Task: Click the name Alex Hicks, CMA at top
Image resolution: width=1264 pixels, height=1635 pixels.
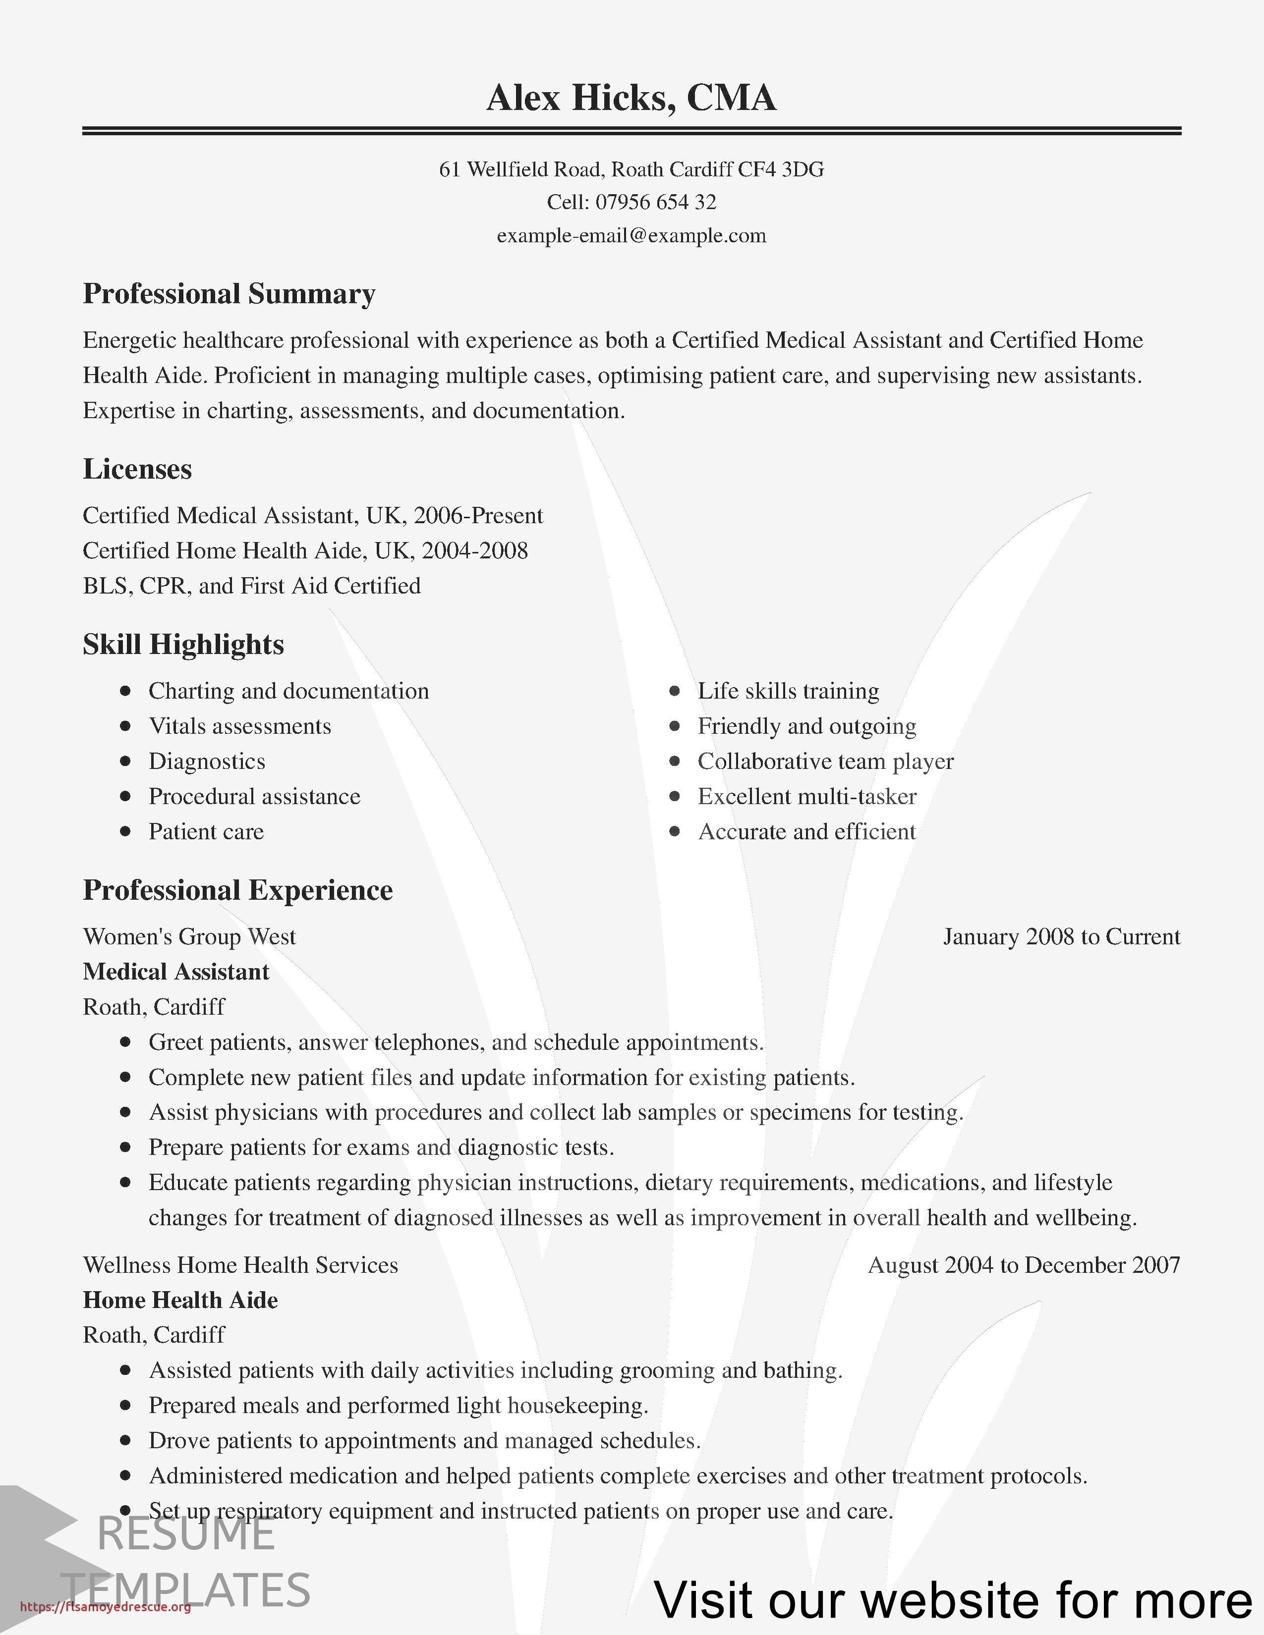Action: (x=631, y=98)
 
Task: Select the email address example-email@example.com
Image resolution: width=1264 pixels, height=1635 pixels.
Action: (x=631, y=236)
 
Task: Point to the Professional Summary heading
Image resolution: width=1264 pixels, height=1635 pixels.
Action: (x=229, y=293)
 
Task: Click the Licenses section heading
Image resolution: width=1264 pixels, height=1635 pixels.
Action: (x=137, y=469)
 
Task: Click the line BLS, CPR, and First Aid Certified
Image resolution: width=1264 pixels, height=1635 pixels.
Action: (x=252, y=586)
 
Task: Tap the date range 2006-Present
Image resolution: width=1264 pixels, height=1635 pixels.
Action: (x=478, y=515)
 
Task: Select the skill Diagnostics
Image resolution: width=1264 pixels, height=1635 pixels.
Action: (x=207, y=762)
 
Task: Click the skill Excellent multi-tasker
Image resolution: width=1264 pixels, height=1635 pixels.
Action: (x=806, y=797)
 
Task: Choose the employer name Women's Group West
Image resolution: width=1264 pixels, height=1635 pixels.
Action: (x=189, y=936)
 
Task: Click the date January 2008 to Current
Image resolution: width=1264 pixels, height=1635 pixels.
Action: (x=1061, y=936)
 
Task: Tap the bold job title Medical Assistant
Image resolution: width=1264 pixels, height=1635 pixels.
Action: (x=176, y=972)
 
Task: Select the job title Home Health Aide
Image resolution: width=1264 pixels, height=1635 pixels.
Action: (x=180, y=1300)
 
